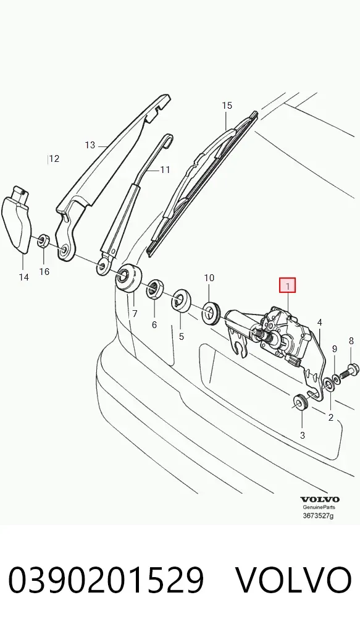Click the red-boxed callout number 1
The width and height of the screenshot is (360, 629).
tap(287, 285)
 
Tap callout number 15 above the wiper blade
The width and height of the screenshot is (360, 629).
tap(227, 106)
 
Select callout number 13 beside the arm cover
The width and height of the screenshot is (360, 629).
tap(90, 145)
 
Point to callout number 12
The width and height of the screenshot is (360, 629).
tap(54, 158)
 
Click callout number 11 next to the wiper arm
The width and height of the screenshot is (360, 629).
tap(165, 170)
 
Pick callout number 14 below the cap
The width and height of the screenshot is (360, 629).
tap(23, 277)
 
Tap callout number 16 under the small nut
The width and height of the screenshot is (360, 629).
tap(44, 272)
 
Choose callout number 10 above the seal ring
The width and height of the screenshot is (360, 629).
tap(209, 277)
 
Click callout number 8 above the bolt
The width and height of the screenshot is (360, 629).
tap(351, 341)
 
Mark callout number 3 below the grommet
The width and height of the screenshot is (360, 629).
tap(303, 435)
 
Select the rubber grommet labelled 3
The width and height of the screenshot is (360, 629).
tap(299, 402)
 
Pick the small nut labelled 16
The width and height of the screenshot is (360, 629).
tap(43, 241)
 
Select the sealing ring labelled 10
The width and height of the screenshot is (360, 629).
tap(211, 311)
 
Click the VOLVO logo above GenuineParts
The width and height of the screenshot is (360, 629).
tap(320, 499)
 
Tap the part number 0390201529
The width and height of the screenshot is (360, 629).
tap(106, 580)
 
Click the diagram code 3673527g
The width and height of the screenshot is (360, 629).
tap(318, 516)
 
